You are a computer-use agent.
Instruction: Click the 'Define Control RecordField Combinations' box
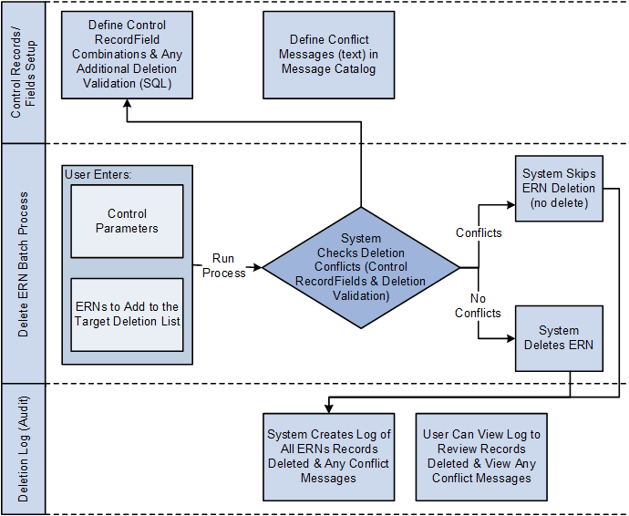point(128,54)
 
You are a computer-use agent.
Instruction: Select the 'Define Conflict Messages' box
point(328,54)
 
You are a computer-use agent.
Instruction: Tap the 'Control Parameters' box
point(127,221)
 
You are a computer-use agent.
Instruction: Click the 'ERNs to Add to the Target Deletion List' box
point(127,314)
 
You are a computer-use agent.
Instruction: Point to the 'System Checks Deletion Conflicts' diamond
point(360,267)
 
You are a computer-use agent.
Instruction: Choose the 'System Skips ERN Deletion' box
point(559,188)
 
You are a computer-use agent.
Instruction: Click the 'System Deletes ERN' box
point(559,338)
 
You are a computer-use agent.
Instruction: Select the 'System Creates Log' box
point(328,456)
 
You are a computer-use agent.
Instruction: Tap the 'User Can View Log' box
point(481,456)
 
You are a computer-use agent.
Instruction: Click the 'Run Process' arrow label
point(223,265)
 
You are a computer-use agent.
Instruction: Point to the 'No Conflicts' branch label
point(479,305)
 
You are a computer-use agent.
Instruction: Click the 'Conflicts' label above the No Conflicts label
point(479,232)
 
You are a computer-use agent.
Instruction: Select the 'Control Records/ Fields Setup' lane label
point(23,72)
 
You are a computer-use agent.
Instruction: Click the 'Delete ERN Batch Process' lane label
point(23,263)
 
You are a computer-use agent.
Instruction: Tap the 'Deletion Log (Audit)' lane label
point(23,449)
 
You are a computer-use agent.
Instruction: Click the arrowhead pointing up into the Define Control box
point(127,104)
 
